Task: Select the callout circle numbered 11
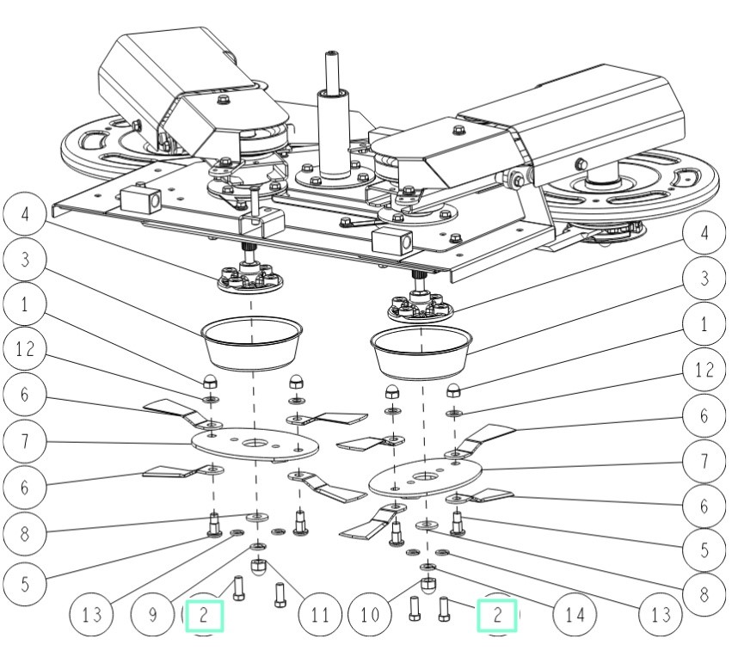pos(320,616)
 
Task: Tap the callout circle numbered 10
pos(371,616)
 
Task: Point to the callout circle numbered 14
pos(563,616)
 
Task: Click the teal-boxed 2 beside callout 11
pos(204,616)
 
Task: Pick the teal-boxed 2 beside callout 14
pos(497,616)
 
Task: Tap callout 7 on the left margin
pos(24,443)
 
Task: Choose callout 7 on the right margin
pos(704,461)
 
